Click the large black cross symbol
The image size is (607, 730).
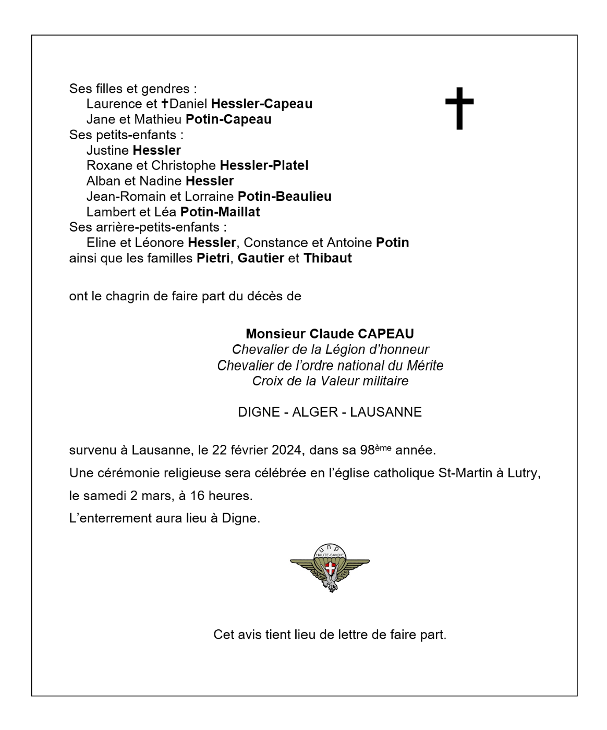pos(459,107)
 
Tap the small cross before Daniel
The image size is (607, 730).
pos(165,103)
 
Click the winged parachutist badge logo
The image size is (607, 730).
pos(330,567)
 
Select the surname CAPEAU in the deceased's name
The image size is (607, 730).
pos(385,334)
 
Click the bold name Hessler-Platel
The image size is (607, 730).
pos(264,166)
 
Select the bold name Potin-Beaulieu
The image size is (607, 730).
pos(284,197)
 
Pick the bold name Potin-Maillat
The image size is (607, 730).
pos(220,212)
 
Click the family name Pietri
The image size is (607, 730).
pos(213,258)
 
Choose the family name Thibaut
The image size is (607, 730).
pos(327,258)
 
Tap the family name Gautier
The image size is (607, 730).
pos(261,258)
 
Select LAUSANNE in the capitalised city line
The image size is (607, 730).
pos(385,412)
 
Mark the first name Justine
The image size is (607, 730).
pos(108,151)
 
